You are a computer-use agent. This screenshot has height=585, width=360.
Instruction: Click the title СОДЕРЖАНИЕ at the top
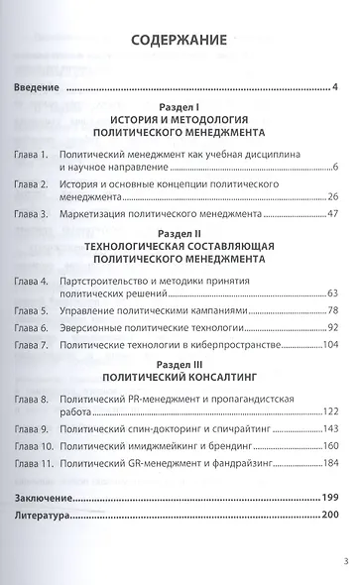tap(180, 41)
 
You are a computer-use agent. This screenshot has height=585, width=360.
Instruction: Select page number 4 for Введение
tap(337, 89)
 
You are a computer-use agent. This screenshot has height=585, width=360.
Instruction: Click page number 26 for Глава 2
tap(333, 197)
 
